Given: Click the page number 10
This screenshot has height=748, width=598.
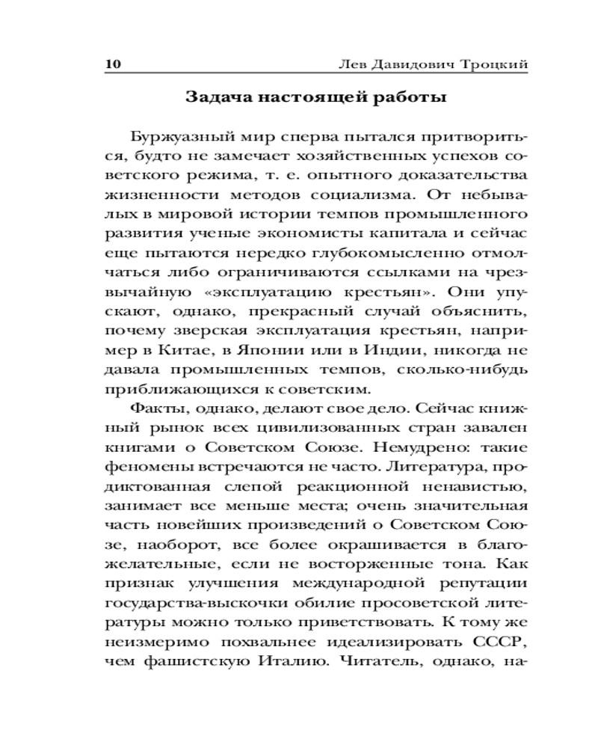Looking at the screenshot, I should click(112, 64).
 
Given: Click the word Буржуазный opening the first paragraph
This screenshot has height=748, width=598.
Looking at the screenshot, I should click(179, 137).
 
